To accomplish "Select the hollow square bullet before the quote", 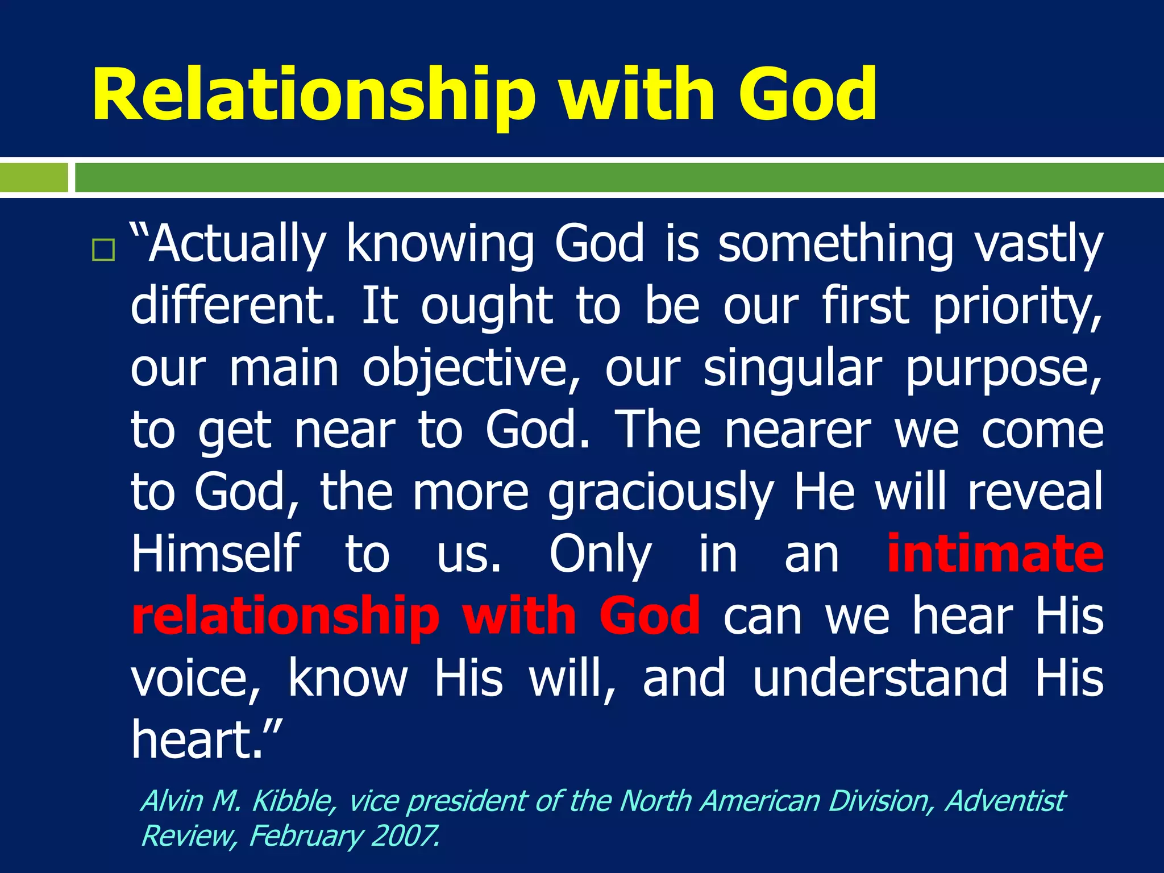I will tap(103, 250).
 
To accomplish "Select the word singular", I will tap(793, 369).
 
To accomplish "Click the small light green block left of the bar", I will tap(34, 177).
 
